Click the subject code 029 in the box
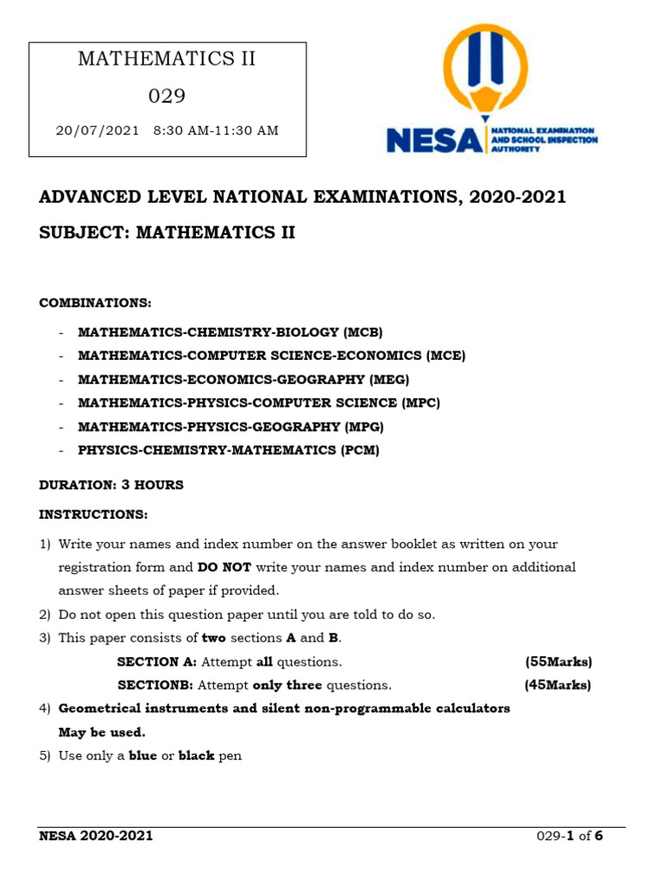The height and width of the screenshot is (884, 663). [x=167, y=96]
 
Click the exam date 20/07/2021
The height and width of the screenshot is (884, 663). [x=97, y=131]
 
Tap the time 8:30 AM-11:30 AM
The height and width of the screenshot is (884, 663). [x=216, y=131]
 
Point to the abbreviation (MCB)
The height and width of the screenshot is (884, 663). [x=363, y=332]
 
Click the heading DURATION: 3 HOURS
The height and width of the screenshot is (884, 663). [x=111, y=485]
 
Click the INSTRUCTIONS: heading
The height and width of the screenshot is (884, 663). [x=93, y=515]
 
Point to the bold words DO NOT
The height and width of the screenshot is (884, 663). [x=224, y=568]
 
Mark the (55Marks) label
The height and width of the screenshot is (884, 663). [x=559, y=662]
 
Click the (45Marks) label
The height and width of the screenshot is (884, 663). [x=558, y=685]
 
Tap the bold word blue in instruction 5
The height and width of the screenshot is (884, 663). [x=143, y=756]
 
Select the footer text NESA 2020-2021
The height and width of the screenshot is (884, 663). [x=97, y=836]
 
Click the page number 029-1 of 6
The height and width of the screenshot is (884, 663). [x=570, y=836]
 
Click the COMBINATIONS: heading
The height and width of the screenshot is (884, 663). [x=95, y=303]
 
